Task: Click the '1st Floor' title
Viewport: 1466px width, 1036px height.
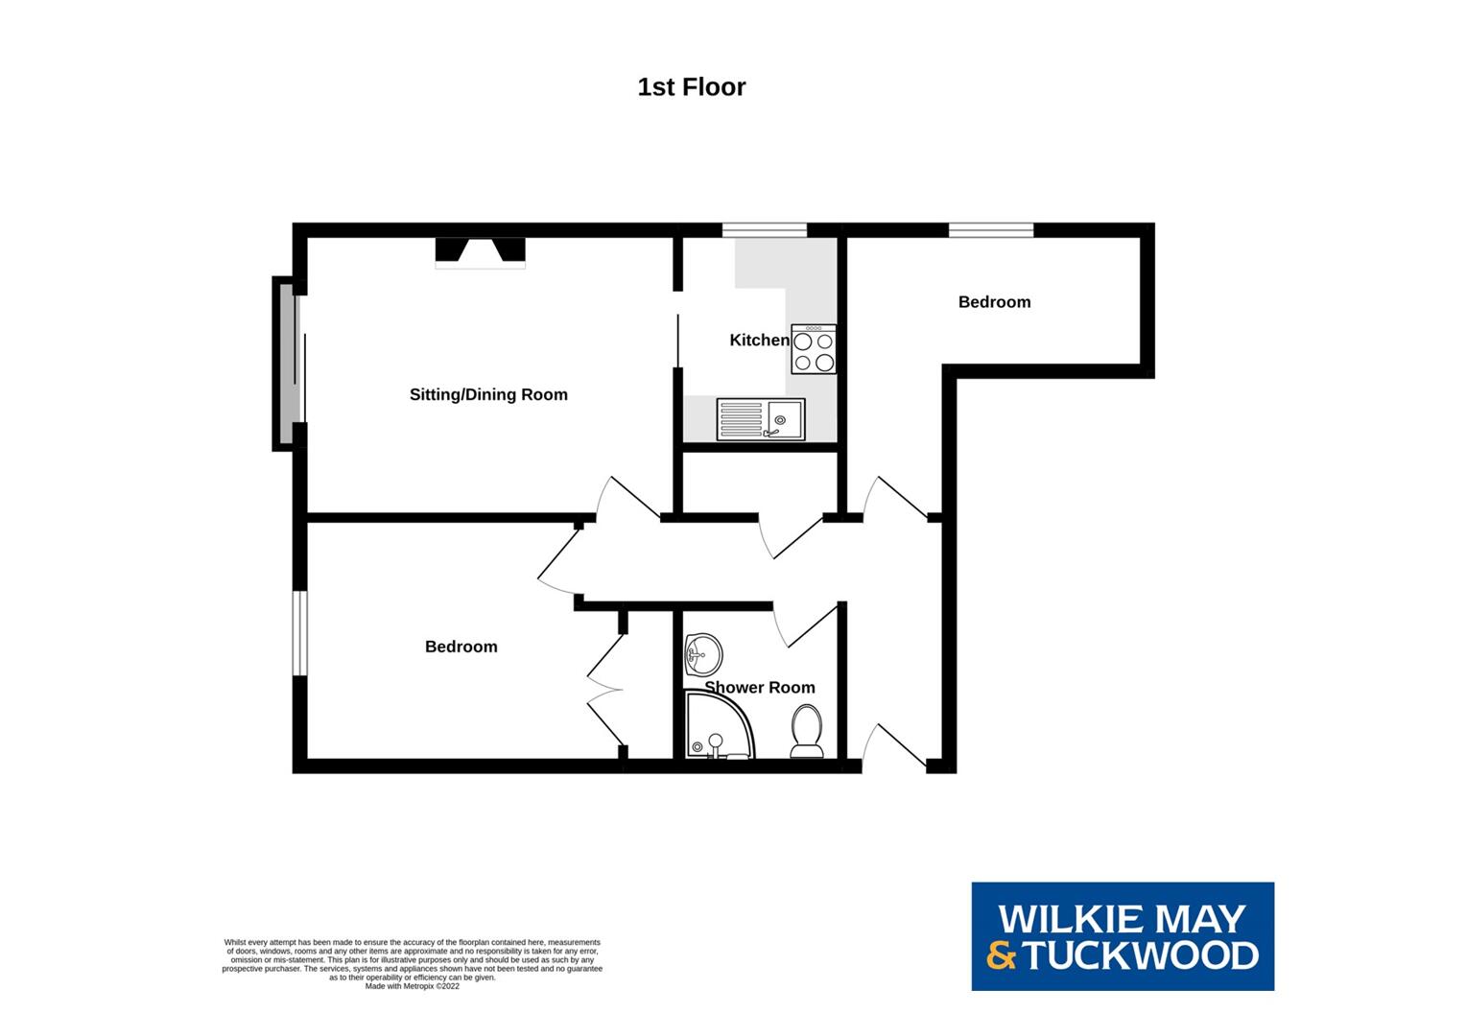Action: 691,87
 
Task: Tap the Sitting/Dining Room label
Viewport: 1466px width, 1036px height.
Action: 488,394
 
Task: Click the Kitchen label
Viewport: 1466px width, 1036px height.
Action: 759,340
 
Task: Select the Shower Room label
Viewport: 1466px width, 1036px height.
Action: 760,687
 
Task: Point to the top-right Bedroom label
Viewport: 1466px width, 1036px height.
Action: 994,301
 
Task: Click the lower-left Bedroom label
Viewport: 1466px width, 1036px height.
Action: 461,647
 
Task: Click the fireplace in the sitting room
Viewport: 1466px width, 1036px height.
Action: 481,251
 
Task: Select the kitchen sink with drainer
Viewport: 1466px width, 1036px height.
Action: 761,419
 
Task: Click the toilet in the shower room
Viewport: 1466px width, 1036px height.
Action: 806,731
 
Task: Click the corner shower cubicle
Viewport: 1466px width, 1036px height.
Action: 717,729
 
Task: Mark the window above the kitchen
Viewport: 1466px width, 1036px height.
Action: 765,229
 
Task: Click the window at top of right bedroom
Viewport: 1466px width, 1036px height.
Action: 991,229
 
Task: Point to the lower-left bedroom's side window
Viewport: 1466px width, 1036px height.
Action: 299,633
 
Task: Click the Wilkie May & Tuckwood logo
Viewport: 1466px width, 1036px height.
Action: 1123,936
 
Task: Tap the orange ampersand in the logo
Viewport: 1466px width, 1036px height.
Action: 1002,955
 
